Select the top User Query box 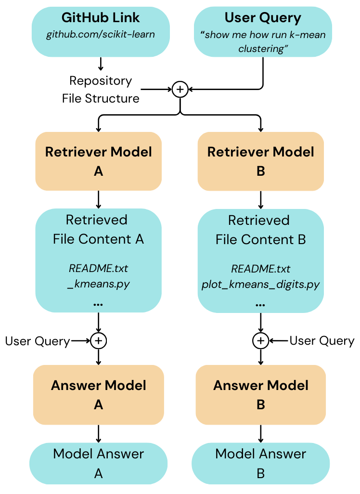point(263,31)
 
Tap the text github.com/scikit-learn point(101,35)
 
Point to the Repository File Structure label point(101,90)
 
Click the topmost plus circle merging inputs point(180,89)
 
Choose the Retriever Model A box point(99,161)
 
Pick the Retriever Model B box point(261,161)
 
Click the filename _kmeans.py point(99,284)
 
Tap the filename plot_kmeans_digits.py point(261,285)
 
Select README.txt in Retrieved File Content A point(99,268)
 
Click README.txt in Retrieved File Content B point(261,269)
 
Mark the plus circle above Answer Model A point(99,341)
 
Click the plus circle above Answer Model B point(260,341)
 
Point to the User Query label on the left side point(38,341)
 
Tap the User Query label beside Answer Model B point(321,341)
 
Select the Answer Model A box point(99,395)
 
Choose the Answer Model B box point(261,395)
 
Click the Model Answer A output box point(99,464)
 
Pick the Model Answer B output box point(261,464)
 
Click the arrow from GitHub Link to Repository point(101,64)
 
